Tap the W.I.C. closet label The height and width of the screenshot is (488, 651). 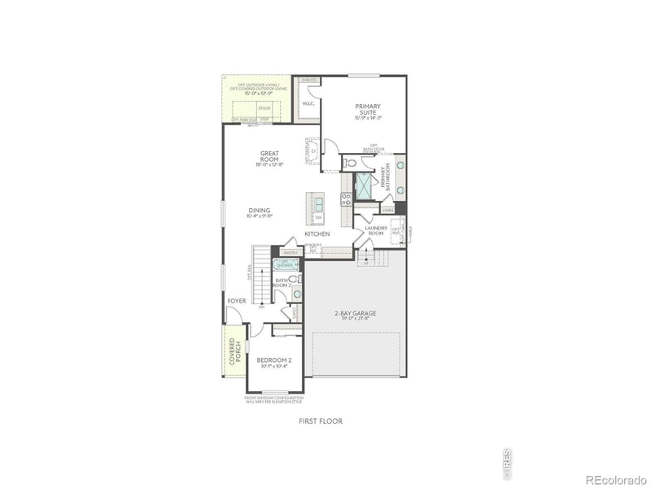pos(308,104)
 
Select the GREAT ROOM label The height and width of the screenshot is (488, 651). pos(270,155)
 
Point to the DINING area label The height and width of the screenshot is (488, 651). pos(260,212)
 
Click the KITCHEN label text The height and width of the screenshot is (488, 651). pos(317,234)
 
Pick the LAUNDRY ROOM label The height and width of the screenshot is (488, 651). pos(375,230)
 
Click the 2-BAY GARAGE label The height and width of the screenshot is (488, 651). pos(355,315)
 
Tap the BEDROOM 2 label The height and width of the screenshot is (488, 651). pos(274,361)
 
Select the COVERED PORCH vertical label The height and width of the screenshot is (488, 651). pos(236,351)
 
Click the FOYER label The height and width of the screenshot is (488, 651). pos(237,301)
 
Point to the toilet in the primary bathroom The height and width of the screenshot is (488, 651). pos(351,163)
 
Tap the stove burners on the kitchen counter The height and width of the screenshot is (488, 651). pos(346,198)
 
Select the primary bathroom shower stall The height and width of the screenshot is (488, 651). pos(365,186)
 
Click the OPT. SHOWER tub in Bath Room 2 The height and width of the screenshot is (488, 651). pos(286,264)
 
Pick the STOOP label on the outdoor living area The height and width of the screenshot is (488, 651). pos(264,107)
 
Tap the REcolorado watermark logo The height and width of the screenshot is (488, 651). pos(615,479)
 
